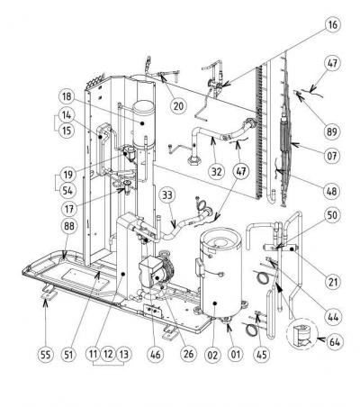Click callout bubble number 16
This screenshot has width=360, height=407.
332,24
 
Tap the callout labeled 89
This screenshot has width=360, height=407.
332,131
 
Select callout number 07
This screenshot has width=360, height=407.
332,155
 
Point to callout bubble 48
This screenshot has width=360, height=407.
332,191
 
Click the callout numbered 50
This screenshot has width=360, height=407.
332,215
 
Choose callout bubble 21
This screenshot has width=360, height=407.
332,281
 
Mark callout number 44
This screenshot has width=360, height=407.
333,316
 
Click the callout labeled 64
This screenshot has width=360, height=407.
334,341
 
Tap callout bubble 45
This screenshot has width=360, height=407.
262,354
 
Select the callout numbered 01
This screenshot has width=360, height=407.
236,354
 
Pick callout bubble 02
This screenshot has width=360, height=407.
212,354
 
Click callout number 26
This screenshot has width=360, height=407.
188,354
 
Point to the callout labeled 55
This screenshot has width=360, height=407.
46,354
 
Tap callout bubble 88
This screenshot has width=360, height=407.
69,226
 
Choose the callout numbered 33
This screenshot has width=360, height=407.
167,195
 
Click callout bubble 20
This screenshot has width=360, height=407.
178,105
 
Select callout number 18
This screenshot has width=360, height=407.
67,96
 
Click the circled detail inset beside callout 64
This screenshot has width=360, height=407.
302,334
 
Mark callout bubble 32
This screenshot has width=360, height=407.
217,171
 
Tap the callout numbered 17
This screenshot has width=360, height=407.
69,208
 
